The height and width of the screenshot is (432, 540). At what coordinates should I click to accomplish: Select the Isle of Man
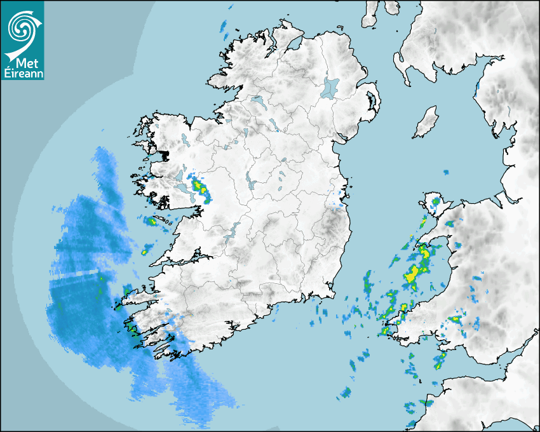click(x=426, y=123)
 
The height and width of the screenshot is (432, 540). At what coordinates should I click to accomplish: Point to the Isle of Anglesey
click(x=434, y=206)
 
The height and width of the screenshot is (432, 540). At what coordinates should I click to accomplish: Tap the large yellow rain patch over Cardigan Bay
click(x=412, y=274)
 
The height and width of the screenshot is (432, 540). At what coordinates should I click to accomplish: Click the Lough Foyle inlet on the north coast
click(x=294, y=44)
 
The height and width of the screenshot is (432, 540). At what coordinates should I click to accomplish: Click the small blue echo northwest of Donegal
click(x=224, y=27)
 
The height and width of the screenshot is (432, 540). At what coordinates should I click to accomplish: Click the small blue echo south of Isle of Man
click(x=446, y=172)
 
